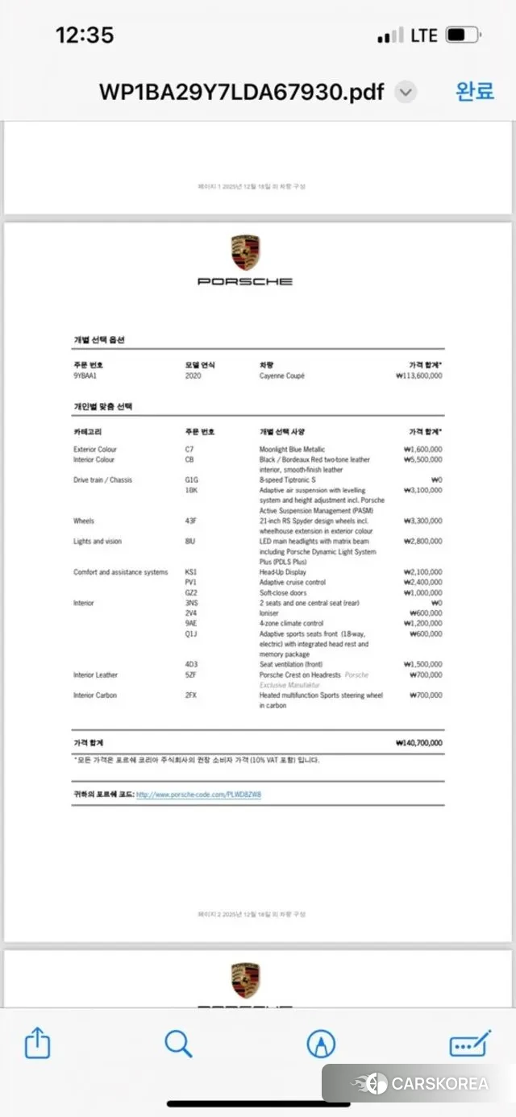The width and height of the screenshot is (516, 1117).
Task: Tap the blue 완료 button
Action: (475, 91)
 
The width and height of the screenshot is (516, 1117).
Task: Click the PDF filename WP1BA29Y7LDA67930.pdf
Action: (241, 92)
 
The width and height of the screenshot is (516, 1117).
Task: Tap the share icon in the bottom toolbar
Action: (37, 1044)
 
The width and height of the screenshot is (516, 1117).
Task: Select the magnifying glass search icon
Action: (178, 1044)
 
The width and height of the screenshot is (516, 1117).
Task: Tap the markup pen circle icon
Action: (321, 1044)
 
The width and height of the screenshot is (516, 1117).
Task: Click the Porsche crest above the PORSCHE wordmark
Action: (245, 253)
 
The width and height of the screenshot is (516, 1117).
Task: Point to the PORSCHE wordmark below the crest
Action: (245, 281)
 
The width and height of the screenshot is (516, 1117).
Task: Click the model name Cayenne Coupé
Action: (281, 376)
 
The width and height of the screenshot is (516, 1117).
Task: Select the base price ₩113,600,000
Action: (418, 376)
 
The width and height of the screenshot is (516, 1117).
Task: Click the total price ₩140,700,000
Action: (418, 743)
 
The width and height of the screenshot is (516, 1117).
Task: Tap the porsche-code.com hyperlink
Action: (198, 795)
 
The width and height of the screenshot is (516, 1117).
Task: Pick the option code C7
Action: (189, 450)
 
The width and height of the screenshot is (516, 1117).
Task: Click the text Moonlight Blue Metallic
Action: (292, 450)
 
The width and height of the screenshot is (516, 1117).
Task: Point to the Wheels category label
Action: (84, 521)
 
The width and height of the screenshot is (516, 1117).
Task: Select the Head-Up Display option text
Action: (283, 572)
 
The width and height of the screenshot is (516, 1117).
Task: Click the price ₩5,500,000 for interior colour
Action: (422, 459)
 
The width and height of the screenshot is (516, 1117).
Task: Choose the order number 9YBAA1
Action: (85, 376)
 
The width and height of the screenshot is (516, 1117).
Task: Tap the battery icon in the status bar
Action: (463, 35)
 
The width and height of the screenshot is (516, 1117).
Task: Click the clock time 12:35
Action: (84, 35)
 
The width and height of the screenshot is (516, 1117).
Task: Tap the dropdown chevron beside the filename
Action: (406, 92)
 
